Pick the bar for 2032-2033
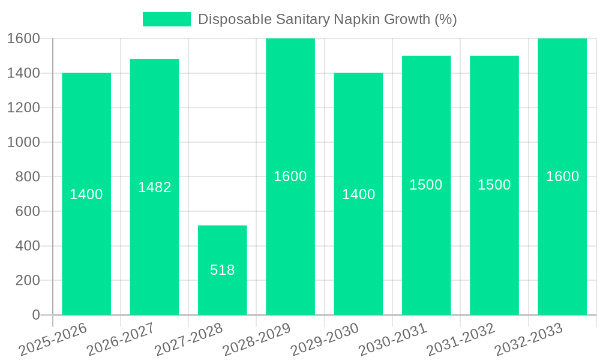click(562, 240)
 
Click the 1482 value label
click(155, 187)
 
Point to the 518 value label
click(223, 270)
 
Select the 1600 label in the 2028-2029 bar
click(290, 176)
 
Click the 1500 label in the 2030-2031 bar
click(426, 185)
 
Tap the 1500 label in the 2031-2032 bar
click(494, 185)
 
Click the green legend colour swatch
click(166, 19)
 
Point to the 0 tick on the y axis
click(35, 315)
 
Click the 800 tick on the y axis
click(27, 176)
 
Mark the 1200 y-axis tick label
click(23, 107)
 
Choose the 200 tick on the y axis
click(27, 280)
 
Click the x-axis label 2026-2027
click(120, 340)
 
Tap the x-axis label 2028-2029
click(256, 340)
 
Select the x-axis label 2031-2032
click(460, 340)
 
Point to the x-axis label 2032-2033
click(528, 340)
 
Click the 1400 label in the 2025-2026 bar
click(86, 194)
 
